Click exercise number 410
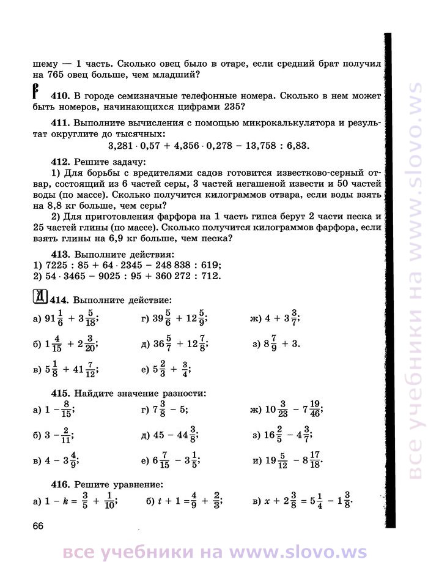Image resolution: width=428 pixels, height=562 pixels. click(60, 96)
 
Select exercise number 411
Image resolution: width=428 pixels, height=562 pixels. click(60, 122)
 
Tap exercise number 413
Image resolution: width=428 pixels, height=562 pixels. click(60, 254)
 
